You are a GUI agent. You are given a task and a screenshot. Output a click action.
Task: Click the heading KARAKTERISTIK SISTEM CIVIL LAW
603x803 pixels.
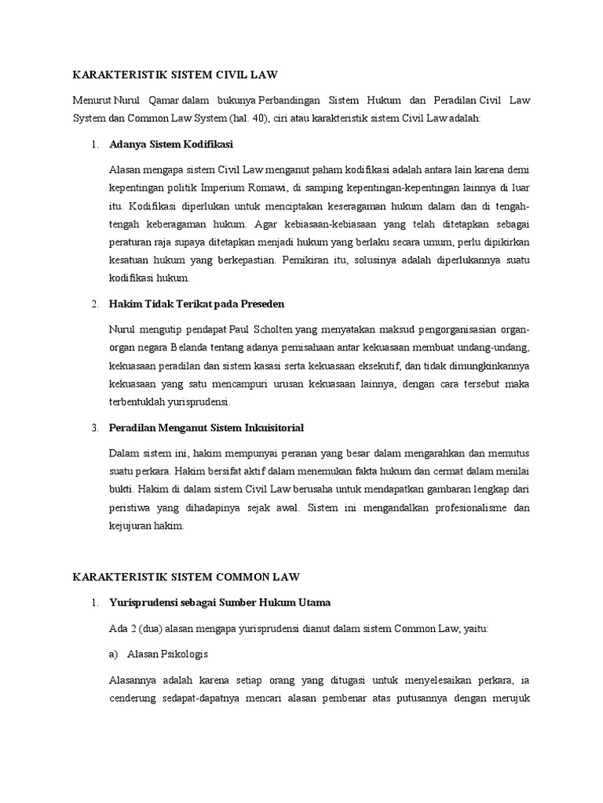coord(175,75)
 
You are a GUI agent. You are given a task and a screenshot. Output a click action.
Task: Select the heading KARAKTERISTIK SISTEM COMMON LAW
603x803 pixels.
coord(186,578)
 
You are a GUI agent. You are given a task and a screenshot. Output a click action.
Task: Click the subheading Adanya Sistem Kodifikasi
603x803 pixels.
coord(171,145)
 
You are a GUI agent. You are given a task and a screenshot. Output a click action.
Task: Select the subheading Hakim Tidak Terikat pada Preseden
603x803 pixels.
coord(197,303)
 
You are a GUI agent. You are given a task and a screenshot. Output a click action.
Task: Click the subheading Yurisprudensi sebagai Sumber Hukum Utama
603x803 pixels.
coord(221,602)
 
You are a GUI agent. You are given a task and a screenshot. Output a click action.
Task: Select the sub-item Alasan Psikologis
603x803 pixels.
coord(166,652)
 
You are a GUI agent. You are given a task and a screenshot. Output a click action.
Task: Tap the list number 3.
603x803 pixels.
coord(94,427)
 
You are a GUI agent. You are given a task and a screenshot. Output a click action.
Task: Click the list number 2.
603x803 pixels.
coord(94,303)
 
